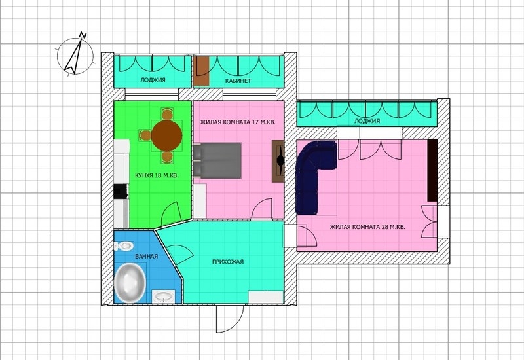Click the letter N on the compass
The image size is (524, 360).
tap(83, 35)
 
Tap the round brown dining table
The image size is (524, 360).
tap(166, 135)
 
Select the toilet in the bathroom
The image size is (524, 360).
tap(124, 247)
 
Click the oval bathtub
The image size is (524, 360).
tap(130, 283)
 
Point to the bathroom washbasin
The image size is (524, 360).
tap(163, 297)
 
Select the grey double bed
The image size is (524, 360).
tap(217, 160)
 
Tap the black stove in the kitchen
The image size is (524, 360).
tap(121, 191)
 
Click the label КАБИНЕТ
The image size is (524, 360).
tap(238, 81)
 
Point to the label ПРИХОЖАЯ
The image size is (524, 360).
tap(228, 262)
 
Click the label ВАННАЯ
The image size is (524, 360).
tap(146, 257)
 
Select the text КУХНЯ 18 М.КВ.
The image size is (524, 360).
tap(157, 175)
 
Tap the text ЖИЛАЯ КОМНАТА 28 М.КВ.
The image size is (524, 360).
tap(367, 227)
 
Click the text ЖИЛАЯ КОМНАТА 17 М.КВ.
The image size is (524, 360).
tap(238, 122)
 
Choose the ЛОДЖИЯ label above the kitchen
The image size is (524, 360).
tap(153, 80)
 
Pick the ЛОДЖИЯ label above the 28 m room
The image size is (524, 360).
tap(367, 121)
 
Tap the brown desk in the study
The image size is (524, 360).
tap(202, 71)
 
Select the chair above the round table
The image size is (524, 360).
tap(167, 114)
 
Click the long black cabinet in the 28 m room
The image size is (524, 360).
tap(432, 170)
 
